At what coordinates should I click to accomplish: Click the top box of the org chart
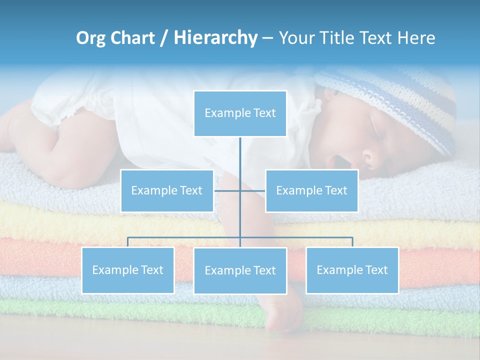(240, 113)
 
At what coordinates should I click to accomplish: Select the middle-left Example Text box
(167, 190)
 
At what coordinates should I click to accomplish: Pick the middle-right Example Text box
(311, 190)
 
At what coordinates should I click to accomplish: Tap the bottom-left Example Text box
(128, 270)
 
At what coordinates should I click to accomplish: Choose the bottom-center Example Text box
(240, 270)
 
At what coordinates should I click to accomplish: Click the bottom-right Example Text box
(352, 270)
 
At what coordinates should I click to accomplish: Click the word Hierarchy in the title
(215, 38)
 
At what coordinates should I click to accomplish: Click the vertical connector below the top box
(240, 155)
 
